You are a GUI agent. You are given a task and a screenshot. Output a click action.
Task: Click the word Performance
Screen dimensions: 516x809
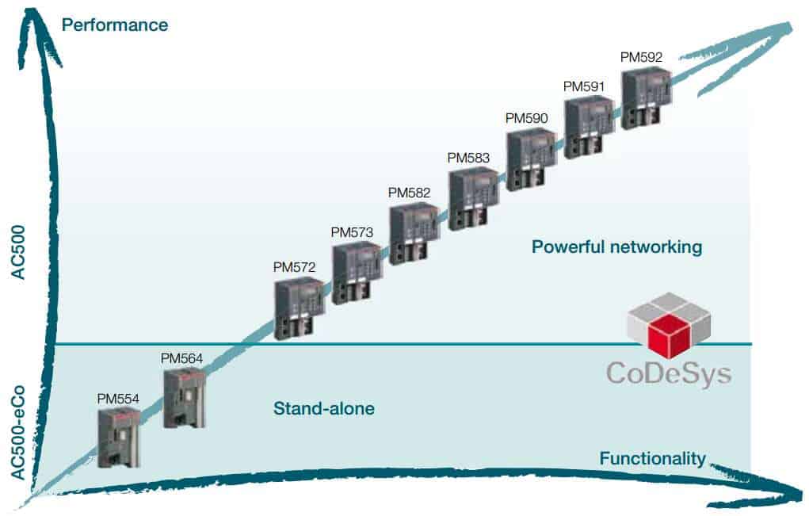point(115,25)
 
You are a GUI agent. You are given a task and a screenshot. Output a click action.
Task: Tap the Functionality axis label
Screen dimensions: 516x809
point(652,457)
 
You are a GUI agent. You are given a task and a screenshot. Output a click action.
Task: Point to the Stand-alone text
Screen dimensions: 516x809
point(323,409)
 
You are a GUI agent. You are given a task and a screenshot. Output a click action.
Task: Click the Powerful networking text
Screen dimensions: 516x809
point(616,247)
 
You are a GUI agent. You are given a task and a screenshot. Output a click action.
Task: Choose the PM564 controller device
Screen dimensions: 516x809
point(184,399)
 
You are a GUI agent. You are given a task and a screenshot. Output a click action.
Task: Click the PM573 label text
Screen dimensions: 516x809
point(351,232)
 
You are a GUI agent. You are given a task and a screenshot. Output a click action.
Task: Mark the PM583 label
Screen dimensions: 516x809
point(468,157)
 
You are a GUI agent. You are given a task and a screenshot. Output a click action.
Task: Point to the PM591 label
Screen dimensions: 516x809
point(584,85)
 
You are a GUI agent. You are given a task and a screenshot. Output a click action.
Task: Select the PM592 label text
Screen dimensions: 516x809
point(641,56)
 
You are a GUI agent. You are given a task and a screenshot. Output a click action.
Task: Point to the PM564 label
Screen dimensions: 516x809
point(182,358)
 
